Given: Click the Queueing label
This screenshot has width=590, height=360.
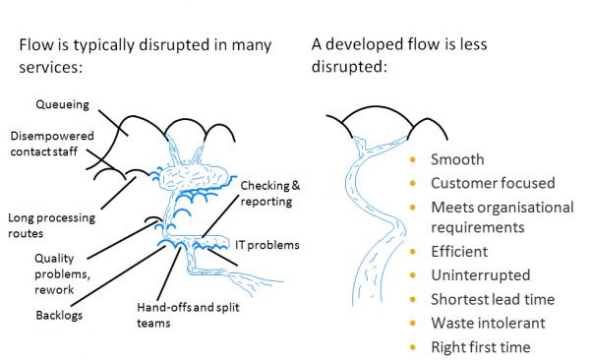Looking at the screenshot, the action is (x=63, y=104).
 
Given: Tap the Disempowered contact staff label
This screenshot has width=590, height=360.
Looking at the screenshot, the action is (x=52, y=144).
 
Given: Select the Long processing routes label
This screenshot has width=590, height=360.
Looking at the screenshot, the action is (x=51, y=225).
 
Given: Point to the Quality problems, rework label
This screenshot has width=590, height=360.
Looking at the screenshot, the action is (x=62, y=273).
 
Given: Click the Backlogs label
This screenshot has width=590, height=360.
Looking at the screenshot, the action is (x=59, y=315).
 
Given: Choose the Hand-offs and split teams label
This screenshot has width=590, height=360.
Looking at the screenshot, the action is (x=188, y=315).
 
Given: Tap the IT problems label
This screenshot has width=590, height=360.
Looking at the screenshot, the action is (x=267, y=245).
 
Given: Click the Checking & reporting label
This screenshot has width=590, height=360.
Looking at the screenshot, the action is (x=269, y=193).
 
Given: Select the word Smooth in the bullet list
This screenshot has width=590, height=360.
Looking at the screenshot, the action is (x=457, y=159).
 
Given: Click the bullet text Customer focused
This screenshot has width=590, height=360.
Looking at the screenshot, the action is (x=493, y=183).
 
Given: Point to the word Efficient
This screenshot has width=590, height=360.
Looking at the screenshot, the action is (x=459, y=251).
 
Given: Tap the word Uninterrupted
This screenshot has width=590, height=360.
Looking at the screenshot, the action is (x=481, y=274).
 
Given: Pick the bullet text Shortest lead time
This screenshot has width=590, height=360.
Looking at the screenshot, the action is (x=493, y=299).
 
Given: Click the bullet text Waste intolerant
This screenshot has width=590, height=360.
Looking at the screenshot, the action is (x=488, y=323).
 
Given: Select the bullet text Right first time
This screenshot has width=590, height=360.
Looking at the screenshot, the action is (x=481, y=347).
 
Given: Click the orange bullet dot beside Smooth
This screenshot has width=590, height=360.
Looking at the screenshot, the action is (x=413, y=159).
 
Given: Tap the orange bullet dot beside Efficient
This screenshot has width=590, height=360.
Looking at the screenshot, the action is (x=413, y=252).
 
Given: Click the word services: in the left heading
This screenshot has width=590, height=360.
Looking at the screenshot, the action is (x=50, y=67).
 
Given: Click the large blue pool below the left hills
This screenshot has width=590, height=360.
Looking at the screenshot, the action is (x=194, y=176).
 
